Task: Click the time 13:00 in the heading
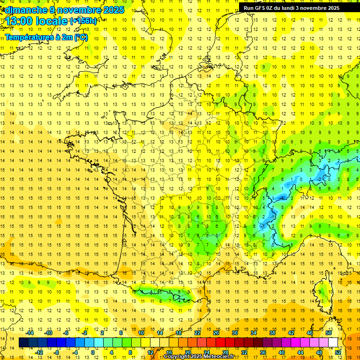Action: click(x=20, y=21)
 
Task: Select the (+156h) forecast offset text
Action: click(x=83, y=21)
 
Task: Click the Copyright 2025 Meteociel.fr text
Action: click(x=199, y=357)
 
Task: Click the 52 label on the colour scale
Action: click(x=338, y=352)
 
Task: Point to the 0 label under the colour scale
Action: click(x=93, y=352)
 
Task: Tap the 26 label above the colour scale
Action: click(x=216, y=333)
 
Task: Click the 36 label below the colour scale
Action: click(x=263, y=352)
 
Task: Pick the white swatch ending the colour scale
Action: click(x=333, y=343)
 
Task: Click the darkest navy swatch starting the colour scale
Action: click(x=23, y=343)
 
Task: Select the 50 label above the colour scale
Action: click(x=329, y=333)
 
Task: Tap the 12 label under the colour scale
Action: click(x=150, y=352)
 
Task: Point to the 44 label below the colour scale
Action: click(x=300, y=352)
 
